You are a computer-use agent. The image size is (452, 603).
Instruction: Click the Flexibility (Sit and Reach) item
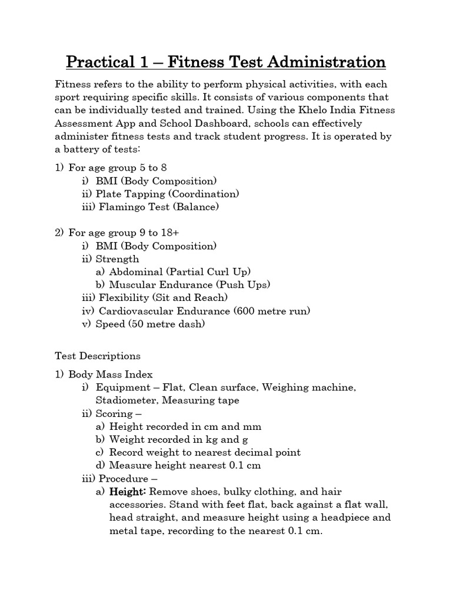(x=163, y=297)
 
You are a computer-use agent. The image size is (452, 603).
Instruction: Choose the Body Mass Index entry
(x=110, y=374)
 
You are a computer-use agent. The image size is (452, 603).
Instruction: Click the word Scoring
(x=114, y=413)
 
